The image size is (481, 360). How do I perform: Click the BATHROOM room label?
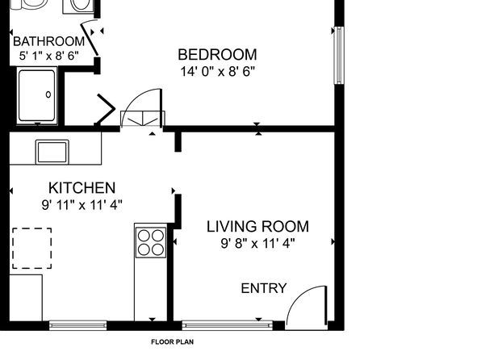[x=49, y=41]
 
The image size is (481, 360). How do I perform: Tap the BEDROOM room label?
[x=217, y=55]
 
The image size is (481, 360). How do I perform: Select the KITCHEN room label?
[x=82, y=188]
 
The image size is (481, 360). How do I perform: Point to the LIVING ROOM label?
[x=257, y=227]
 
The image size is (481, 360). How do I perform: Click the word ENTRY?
[x=264, y=288]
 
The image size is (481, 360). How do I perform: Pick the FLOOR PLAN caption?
[x=173, y=342]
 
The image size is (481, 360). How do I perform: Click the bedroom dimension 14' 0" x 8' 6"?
[x=217, y=72]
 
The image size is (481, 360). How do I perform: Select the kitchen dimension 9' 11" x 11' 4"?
[x=82, y=205]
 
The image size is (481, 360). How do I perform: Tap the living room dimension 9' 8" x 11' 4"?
[x=257, y=244]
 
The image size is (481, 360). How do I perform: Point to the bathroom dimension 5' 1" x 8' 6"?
[x=49, y=56]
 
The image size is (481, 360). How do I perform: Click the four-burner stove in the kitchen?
[x=151, y=242]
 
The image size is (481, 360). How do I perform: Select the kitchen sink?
[x=52, y=152]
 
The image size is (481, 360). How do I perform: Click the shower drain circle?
[x=48, y=94]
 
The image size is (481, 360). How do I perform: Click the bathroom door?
[x=90, y=39]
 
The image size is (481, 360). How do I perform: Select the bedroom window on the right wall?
[x=339, y=55]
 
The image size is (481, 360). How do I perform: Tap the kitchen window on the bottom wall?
[x=78, y=325]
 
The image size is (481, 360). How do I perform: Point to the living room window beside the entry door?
[x=228, y=325]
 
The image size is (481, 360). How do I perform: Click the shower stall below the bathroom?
[x=37, y=95]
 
